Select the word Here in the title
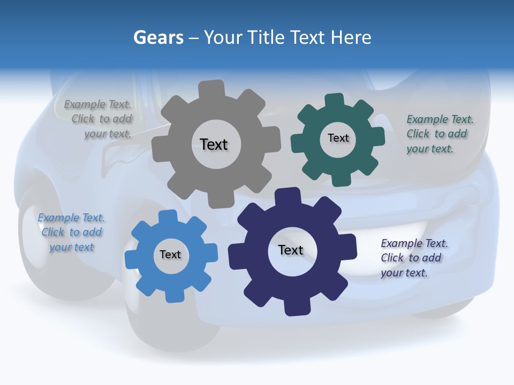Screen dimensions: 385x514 [x=351, y=38]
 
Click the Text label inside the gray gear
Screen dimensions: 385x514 [x=214, y=144]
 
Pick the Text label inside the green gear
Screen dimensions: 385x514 [x=338, y=138]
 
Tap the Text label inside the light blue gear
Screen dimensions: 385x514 [x=170, y=255]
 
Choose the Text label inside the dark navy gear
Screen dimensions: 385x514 [x=291, y=250]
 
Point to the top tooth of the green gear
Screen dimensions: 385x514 [x=335, y=101]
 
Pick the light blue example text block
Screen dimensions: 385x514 [x=72, y=233]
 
